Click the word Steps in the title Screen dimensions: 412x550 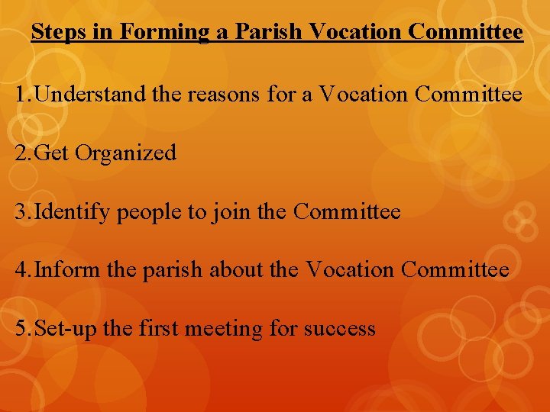tap(58, 33)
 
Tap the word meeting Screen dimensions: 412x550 tap(225, 329)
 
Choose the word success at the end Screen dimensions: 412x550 tap(339, 329)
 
